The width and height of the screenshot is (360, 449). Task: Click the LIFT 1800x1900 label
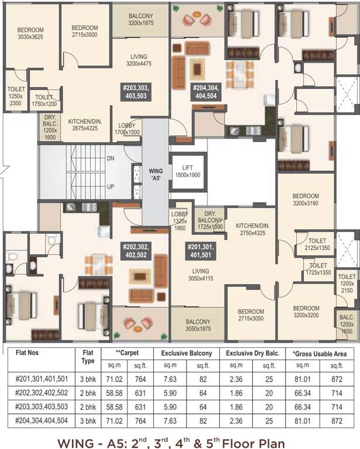(x=188, y=171)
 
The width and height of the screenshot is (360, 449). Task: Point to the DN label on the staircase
(x=111, y=158)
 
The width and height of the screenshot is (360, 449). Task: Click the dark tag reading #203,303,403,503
(x=136, y=92)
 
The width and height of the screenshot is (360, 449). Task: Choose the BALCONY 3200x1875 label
(x=140, y=19)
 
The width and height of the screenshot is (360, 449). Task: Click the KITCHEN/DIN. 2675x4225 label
(x=85, y=125)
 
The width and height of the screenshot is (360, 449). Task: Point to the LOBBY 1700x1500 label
(x=128, y=129)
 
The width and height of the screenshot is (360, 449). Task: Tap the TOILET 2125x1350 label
(x=317, y=244)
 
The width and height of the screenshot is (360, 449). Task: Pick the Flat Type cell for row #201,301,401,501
(x=88, y=379)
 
